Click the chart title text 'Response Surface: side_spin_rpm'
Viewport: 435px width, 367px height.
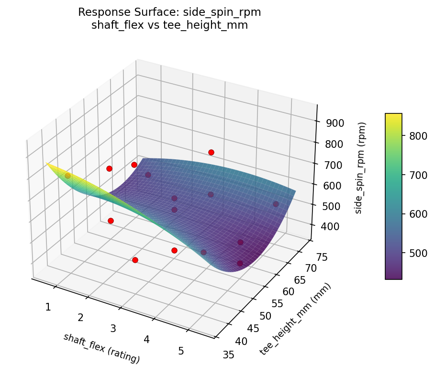(x=169, y=12)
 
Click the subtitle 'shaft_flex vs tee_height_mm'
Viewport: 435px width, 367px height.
(x=169, y=25)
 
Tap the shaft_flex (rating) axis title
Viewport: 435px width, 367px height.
(x=101, y=348)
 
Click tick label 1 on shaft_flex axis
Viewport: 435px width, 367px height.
(x=48, y=307)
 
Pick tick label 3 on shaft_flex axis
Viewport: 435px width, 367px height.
(x=113, y=328)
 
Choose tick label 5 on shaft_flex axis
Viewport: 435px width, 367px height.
(x=181, y=351)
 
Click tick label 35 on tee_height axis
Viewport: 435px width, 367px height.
(x=229, y=354)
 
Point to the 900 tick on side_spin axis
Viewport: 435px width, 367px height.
(x=335, y=123)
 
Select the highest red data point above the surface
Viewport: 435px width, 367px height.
(x=211, y=152)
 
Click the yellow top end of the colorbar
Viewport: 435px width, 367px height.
(x=393, y=115)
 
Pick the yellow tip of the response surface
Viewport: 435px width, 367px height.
(x=48, y=164)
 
